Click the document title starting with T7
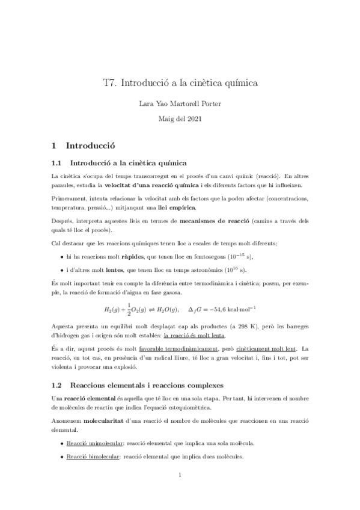pyautogui.click(x=180, y=84)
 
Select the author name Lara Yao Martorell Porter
pyautogui.click(x=180, y=104)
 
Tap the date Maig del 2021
pyautogui.click(x=180, y=120)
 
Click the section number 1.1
pyautogui.click(x=57, y=163)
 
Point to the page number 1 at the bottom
pyautogui.click(x=180, y=491)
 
